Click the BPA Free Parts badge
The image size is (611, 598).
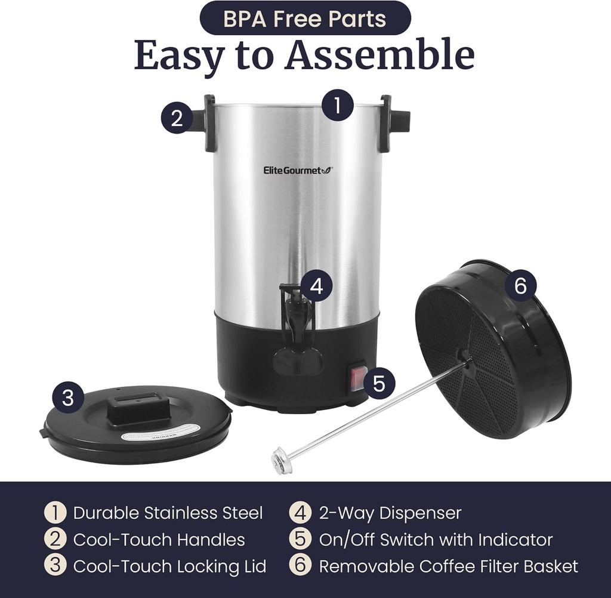click(x=305, y=18)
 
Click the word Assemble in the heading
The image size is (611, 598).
click(x=379, y=56)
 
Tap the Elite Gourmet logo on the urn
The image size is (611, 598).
click(x=298, y=170)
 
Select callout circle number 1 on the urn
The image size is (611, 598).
click(x=338, y=106)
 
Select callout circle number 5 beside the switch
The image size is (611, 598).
click(x=379, y=383)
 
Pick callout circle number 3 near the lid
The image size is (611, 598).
click(x=68, y=398)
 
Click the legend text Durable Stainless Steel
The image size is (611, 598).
click(x=168, y=513)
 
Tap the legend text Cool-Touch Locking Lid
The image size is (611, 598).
click(x=169, y=566)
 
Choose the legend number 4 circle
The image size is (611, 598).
click(x=300, y=513)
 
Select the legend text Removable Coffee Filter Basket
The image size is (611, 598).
click(x=449, y=566)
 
